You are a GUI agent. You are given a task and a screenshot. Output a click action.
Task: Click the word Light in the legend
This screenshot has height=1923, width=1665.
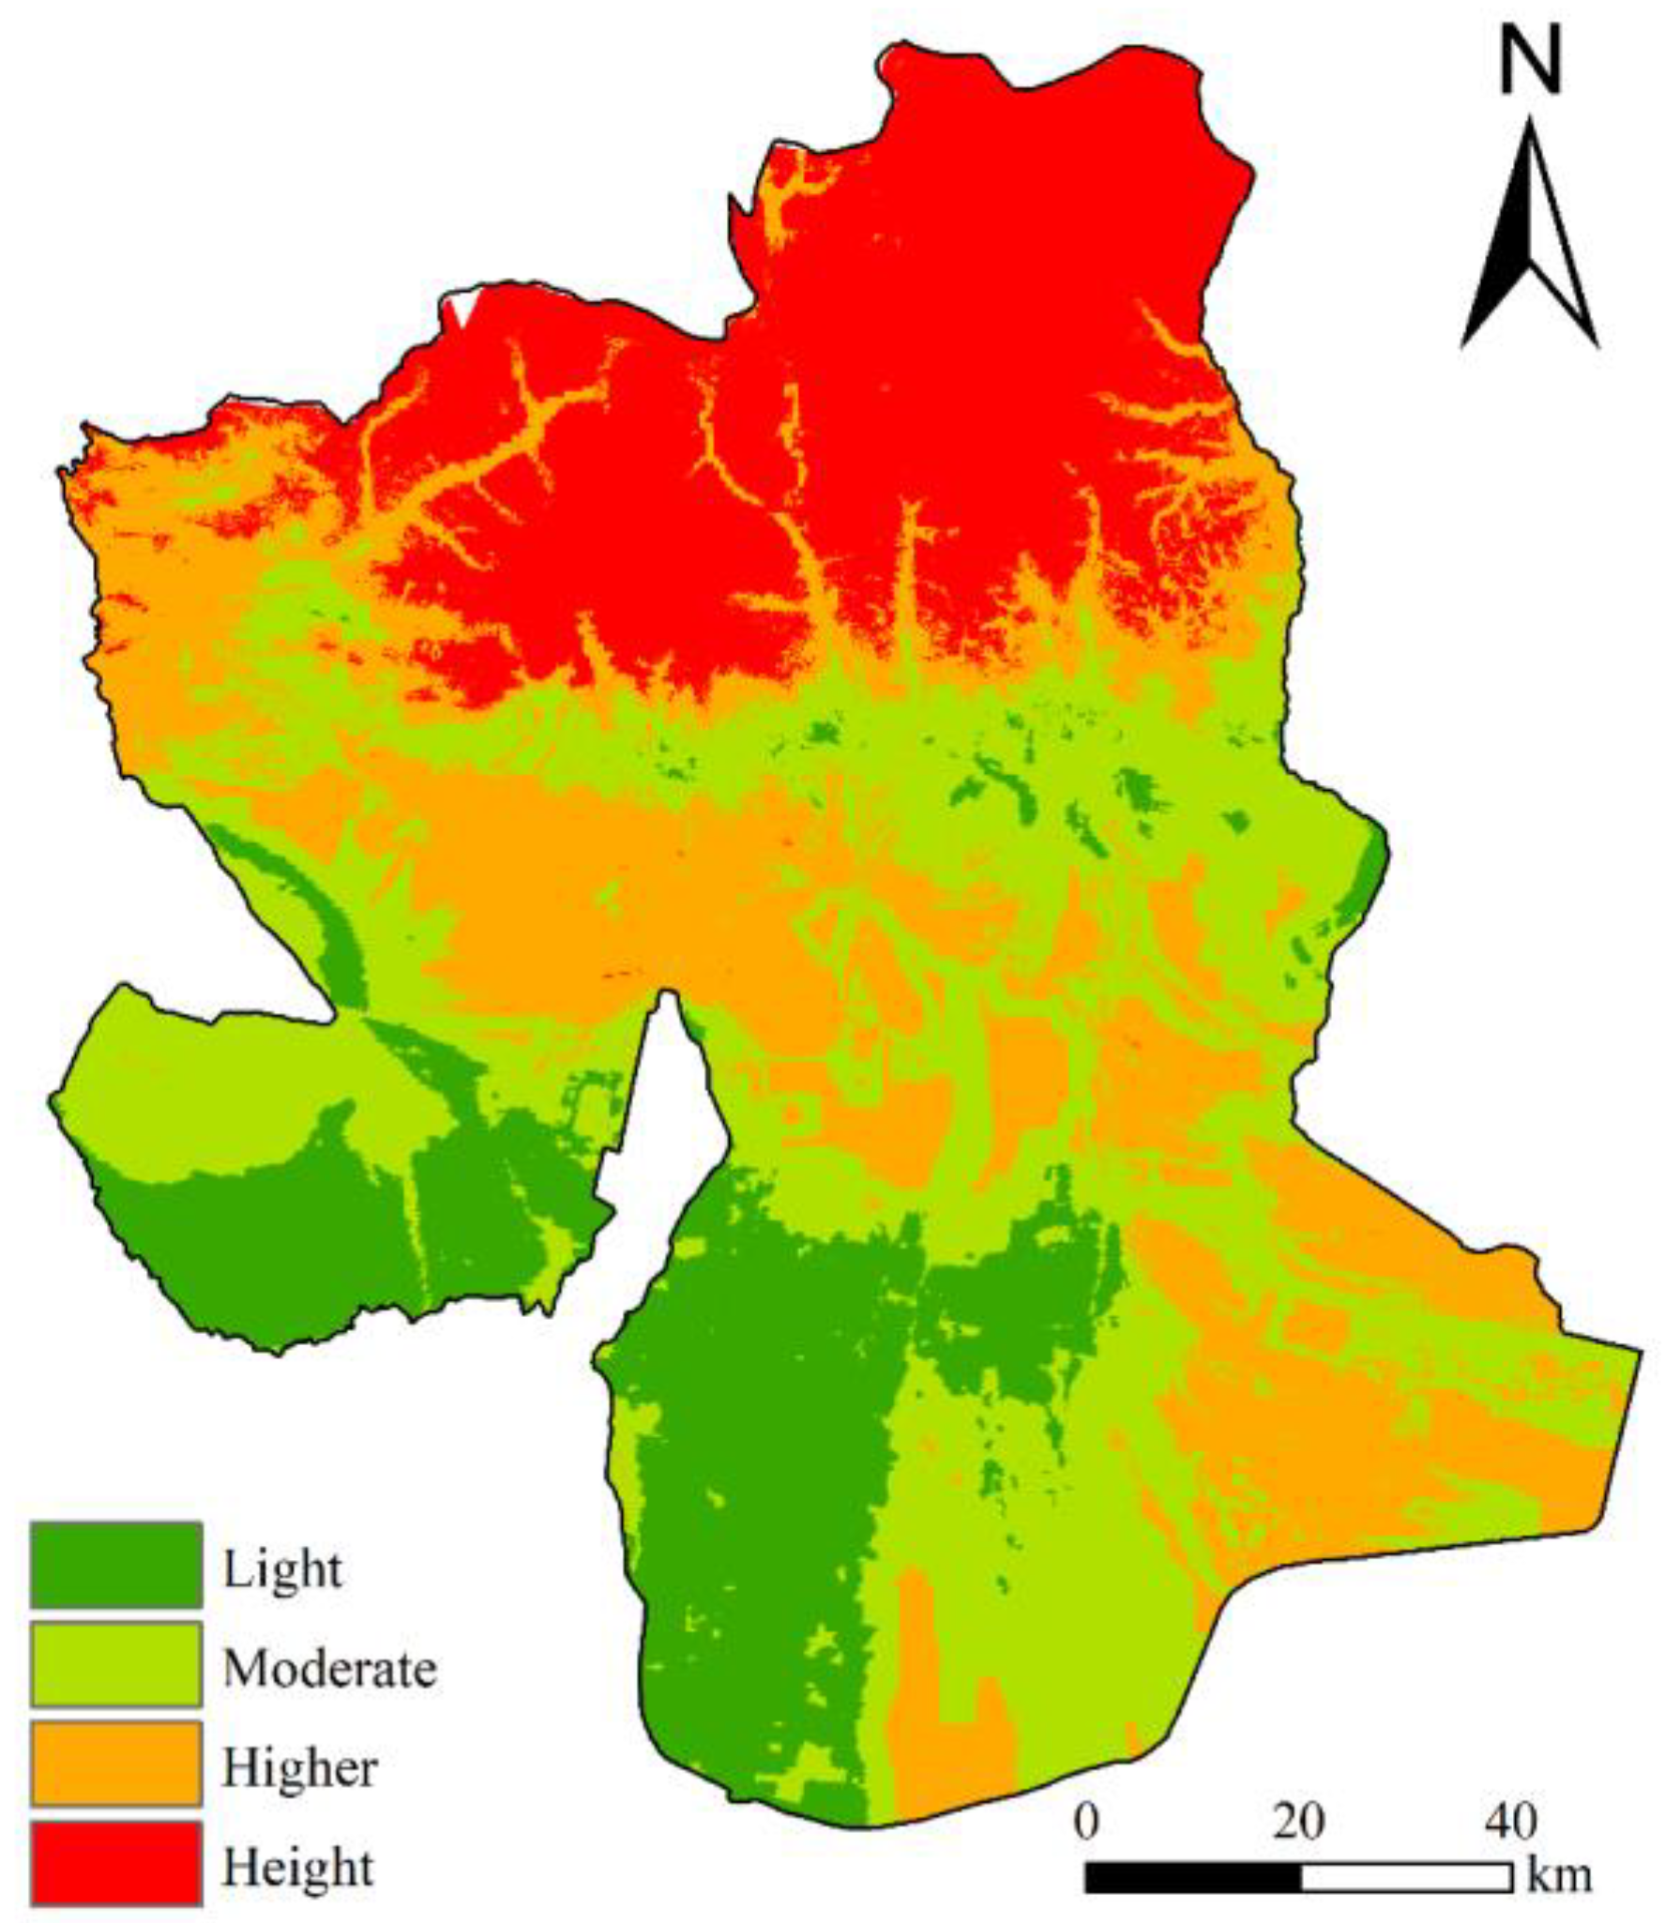(282, 1568)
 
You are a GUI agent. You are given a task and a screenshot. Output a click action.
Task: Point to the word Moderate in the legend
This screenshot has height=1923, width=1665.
(329, 1669)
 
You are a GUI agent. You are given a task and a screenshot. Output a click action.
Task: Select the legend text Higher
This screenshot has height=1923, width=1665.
(299, 1768)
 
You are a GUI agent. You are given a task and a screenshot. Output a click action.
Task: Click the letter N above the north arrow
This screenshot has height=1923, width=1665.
(1530, 60)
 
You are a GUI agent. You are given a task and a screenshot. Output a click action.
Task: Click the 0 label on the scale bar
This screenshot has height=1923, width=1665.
(1086, 1821)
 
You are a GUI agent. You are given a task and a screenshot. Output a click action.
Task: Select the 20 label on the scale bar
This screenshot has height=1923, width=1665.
(1298, 1821)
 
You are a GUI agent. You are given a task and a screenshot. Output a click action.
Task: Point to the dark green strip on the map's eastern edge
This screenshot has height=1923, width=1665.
(1366, 877)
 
